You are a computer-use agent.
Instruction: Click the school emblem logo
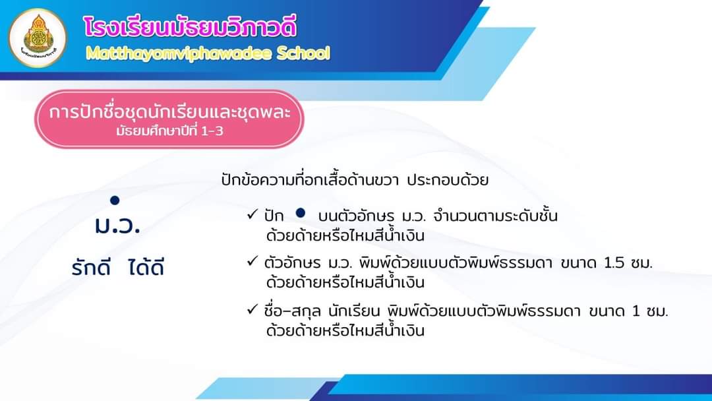38,38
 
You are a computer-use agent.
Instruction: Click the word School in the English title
303,53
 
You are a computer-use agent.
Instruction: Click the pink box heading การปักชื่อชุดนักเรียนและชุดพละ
169,111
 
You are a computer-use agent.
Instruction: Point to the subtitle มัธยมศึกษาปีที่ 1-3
169,131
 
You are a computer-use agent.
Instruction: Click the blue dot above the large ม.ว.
115,200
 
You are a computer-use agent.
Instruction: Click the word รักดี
91,268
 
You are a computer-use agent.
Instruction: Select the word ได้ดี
145,267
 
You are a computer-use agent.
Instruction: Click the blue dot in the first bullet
300,212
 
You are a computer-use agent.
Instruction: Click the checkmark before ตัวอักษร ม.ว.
252,262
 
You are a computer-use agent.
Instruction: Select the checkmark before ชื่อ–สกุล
252,310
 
